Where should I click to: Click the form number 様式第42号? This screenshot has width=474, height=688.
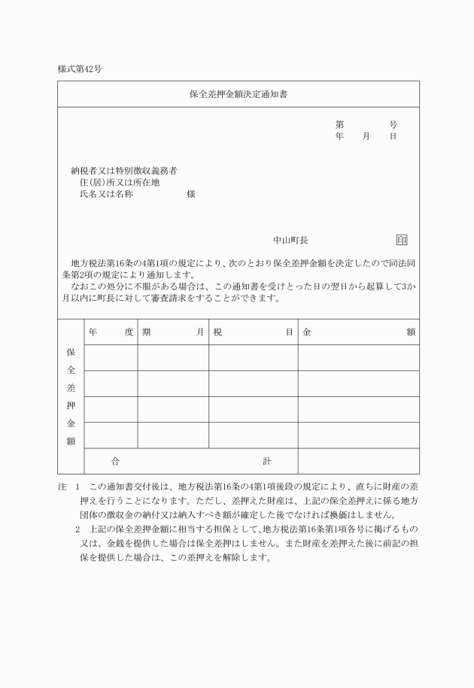tap(80, 68)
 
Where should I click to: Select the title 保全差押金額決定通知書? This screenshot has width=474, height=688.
tap(238, 95)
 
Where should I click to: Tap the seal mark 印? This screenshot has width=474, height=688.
tap(402, 241)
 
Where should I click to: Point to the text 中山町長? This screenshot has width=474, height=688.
tap(290, 241)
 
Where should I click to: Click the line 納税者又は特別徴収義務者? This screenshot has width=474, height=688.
tap(124, 171)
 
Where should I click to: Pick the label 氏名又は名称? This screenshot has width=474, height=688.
tap(106, 194)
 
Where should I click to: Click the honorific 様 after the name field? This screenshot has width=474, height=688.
tap(191, 194)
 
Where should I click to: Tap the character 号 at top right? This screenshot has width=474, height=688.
tap(393, 125)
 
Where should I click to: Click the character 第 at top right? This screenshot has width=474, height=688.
tap(340, 125)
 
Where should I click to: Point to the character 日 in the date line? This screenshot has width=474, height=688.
tap(393, 137)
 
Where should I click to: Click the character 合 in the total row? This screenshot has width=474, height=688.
tap(114, 461)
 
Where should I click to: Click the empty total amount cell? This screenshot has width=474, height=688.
tap(358, 461)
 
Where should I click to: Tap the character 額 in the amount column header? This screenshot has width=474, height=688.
tap(410, 332)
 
